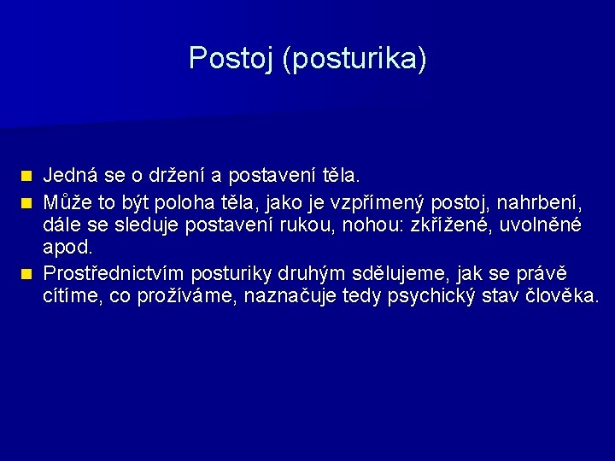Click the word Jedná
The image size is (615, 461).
(x=69, y=176)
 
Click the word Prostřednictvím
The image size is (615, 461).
(x=114, y=272)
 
